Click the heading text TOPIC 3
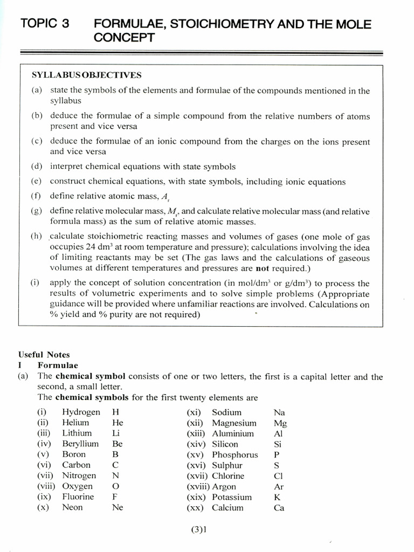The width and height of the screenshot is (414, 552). (45, 24)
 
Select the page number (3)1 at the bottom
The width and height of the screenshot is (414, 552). (199, 529)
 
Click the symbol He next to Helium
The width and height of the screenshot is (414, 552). (118, 423)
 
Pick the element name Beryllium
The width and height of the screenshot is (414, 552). (80, 444)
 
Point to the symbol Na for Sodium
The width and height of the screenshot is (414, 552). (279, 412)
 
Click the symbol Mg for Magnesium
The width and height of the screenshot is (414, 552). (280, 423)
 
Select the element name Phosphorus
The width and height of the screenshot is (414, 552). (234, 454)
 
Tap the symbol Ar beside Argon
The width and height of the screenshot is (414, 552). (279, 486)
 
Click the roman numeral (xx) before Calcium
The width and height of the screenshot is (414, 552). (195, 507)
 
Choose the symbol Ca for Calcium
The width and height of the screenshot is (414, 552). (279, 507)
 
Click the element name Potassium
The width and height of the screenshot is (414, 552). (231, 497)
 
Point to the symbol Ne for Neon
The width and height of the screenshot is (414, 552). (118, 507)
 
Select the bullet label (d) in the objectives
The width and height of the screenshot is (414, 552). (37, 167)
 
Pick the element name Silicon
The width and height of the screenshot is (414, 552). (225, 444)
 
